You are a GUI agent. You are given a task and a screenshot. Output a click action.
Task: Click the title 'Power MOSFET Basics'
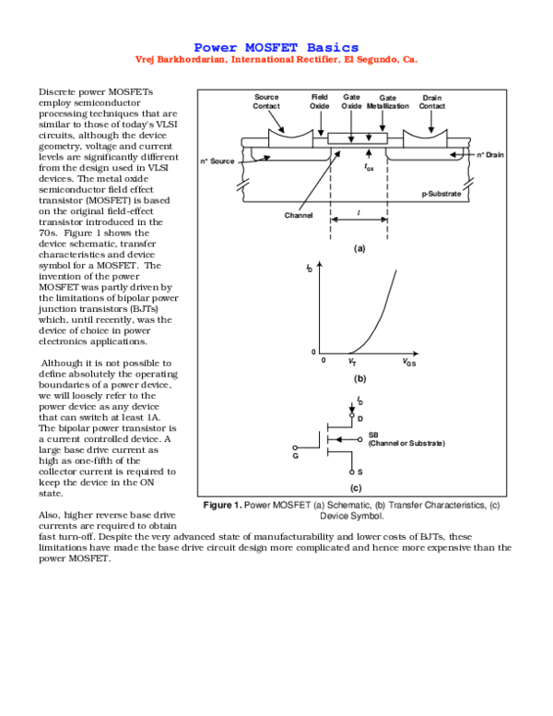click(276, 47)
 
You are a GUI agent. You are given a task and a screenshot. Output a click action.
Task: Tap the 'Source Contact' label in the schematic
click(266, 101)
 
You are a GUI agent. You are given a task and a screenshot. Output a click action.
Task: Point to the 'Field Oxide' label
click(319, 101)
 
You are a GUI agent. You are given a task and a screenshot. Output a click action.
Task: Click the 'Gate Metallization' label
click(387, 101)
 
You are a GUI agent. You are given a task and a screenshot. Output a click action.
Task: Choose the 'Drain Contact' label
click(432, 101)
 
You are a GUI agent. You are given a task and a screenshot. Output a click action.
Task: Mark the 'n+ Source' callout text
click(218, 161)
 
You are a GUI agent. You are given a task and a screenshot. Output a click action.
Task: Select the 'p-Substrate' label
click(440, 195)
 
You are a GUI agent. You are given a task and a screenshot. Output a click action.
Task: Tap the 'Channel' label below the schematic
click(299, 215)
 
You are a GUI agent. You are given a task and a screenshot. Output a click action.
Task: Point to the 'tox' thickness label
click(368, 169)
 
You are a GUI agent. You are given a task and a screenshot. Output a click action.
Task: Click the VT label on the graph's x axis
click(353, 363)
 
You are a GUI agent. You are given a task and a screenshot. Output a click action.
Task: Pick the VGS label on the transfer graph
click(409, 363)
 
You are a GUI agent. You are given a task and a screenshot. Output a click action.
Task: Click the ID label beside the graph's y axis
click(308, 268)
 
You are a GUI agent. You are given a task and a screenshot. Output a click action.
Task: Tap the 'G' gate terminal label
click(296, 455)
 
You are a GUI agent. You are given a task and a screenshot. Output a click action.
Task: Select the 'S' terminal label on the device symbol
click(359, 471)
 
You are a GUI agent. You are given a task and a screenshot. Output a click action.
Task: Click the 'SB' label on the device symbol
click(373, 435)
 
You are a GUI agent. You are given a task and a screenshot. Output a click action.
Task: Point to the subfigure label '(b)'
click(359, 379)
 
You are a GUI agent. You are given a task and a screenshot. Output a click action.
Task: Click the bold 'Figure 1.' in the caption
click(221, 505)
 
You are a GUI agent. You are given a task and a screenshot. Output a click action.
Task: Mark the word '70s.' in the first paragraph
click(51, 233)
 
